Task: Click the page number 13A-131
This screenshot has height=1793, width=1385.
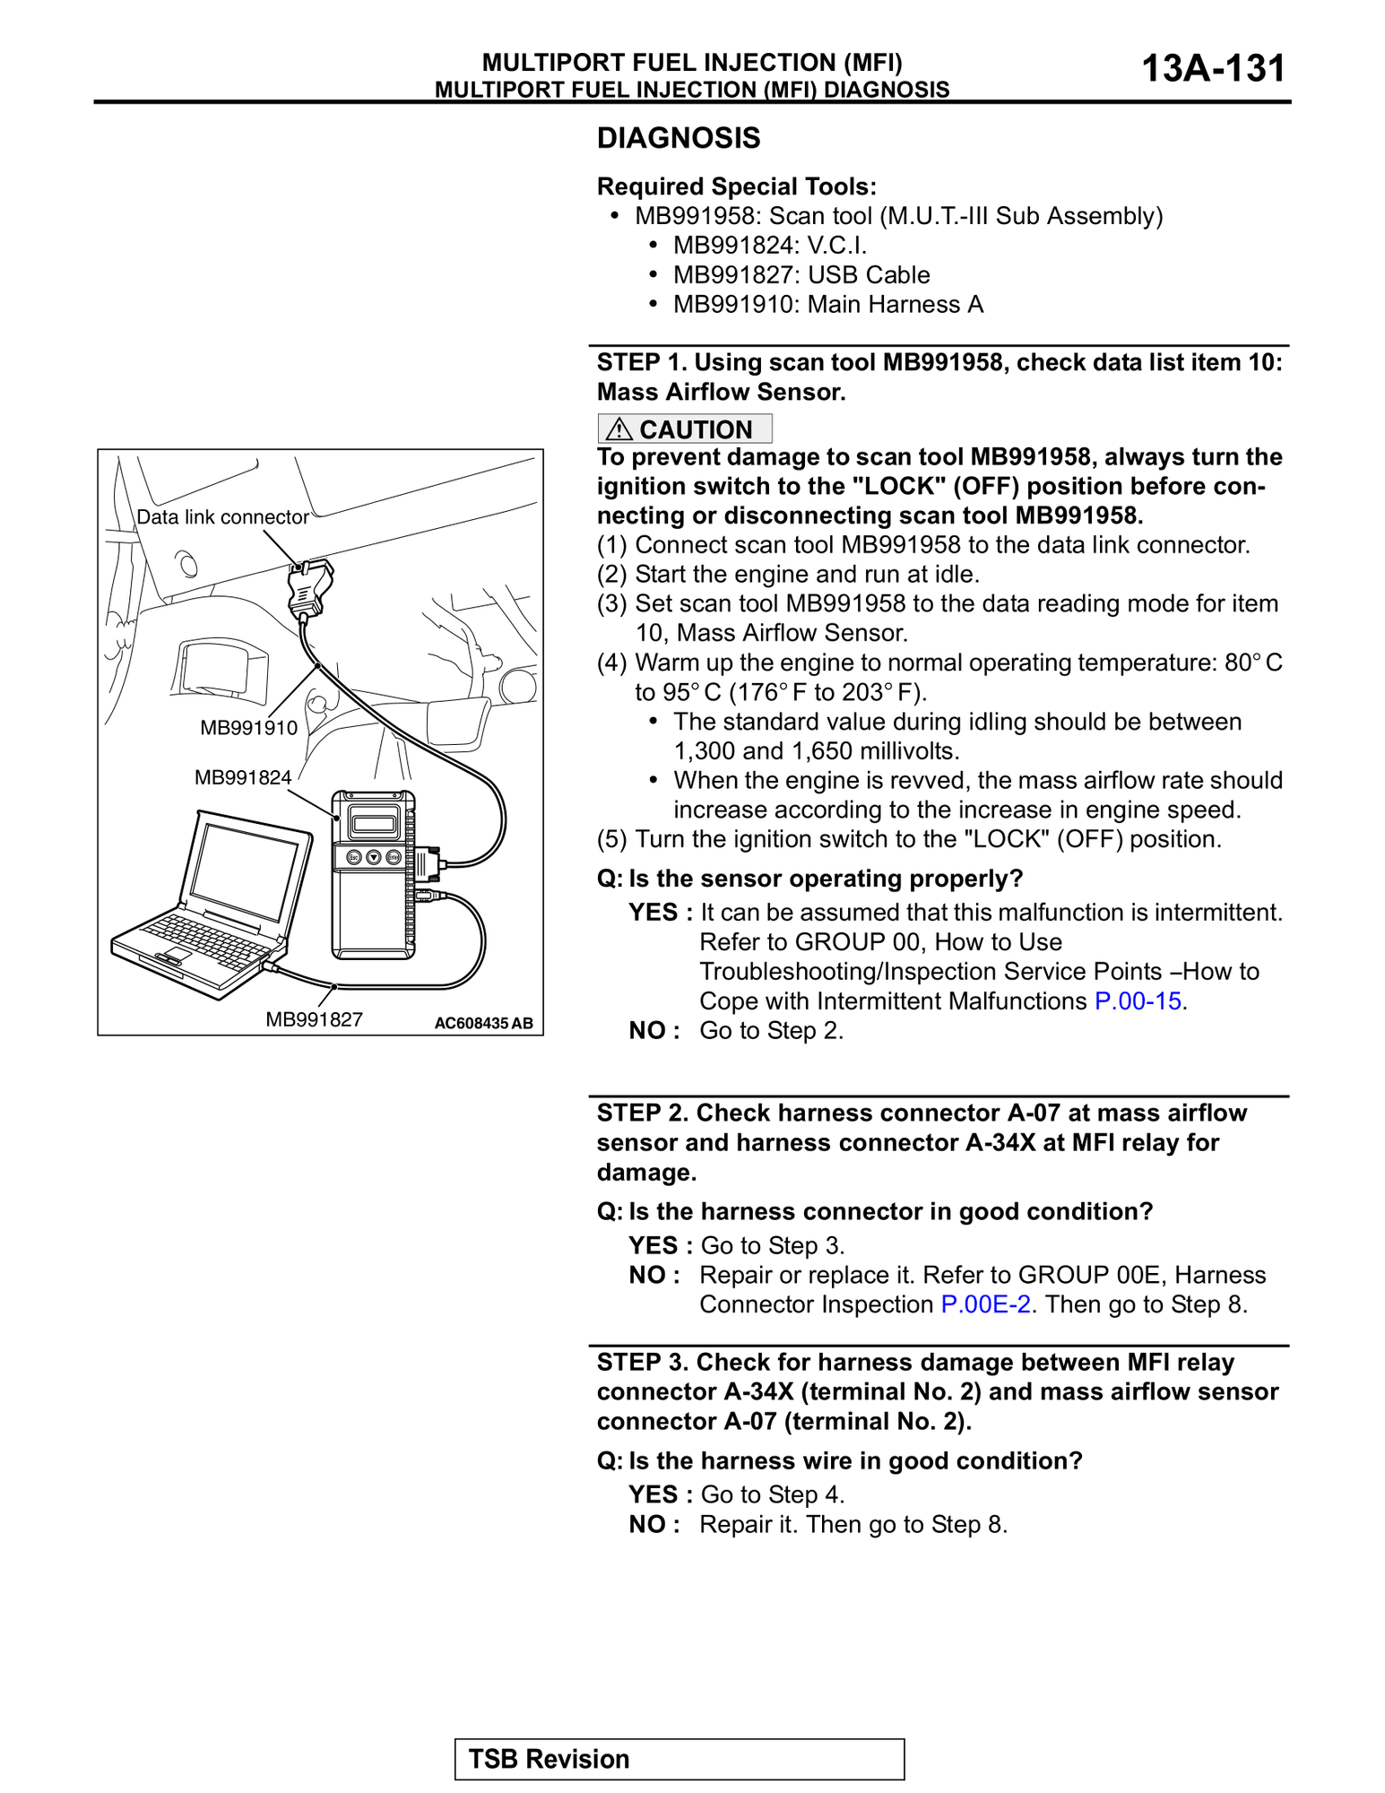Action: [x=1213, y=68]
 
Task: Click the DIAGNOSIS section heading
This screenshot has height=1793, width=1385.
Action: [x=679, y=138]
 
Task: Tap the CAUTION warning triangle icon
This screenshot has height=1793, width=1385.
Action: [x=619, y=429]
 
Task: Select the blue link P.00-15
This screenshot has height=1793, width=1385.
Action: [x=1138, y=1000]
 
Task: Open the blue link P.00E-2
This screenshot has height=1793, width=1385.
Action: [x=985, y=1304]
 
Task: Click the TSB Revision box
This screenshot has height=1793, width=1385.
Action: [x=679, y=1759]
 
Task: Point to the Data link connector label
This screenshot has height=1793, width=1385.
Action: [x=222, y=517]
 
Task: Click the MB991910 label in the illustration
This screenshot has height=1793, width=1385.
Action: [x=248, y=728]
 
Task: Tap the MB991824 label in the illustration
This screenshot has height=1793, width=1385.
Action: [x=243, y=777]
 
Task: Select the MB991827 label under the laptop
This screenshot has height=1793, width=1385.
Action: [x=314, y=1019]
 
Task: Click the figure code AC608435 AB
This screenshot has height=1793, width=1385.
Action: [x=483, y=1023]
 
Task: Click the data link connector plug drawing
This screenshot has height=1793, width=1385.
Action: [x=309, y=587]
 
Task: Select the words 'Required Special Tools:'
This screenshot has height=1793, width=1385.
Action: [x=736, y=186]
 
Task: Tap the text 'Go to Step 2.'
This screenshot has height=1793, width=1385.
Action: [x=771, y=1030]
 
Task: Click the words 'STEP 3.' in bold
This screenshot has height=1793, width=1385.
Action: [x=643, y=1362]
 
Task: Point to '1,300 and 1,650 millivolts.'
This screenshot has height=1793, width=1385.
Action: [x=816, y=750]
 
